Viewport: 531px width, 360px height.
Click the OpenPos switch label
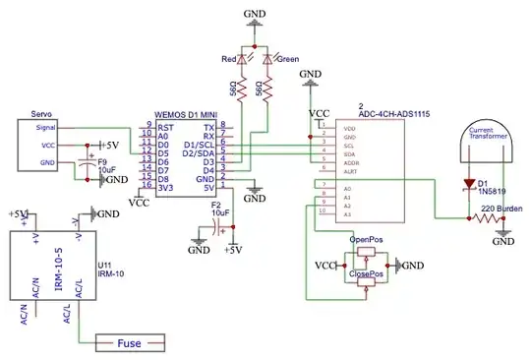click(x=367, y=239)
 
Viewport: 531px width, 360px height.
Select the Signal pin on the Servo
click(x=46, y=127)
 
